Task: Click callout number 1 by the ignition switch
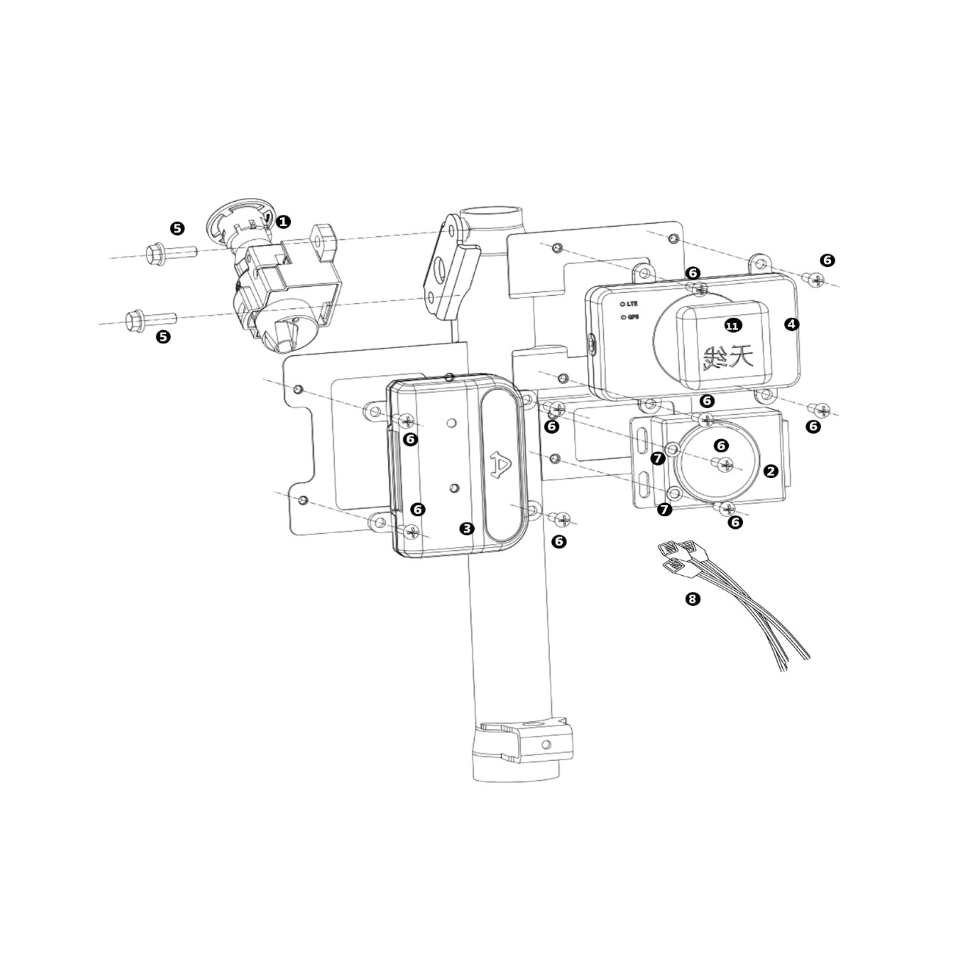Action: pyautogui.click(x=283, y=221)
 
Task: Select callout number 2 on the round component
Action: pyautogui.click(x=771, y=471)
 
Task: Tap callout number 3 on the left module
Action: pyautogui.click(x=466, y=529)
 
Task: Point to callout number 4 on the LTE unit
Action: pyautogui.click(x=791, y=325)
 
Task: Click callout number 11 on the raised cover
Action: pyautogui.click(x=732, y=326)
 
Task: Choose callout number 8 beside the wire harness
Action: pyautogui.click(x=692, y=599)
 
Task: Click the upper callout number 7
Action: pyautogui.click(x=658, y=459)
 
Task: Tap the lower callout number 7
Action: pyautogui.click(x=664, y=509)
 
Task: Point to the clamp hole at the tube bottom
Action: pyautogui.click(x=546, y=745)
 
